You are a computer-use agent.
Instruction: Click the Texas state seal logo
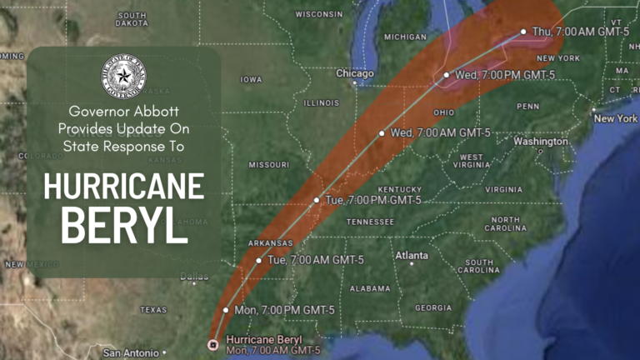coord(123,79)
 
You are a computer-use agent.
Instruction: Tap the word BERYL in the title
coord(124,225)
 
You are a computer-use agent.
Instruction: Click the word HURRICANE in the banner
coord(124,184)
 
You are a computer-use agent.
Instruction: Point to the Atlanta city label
coord(412,255)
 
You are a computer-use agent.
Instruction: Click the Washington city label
coord(541,142)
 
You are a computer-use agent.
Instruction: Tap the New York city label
coord(616,118)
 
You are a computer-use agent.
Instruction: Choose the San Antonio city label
coord(131,353)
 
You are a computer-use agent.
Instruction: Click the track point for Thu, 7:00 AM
coord(523,32)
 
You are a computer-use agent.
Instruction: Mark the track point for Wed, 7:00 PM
coord(447,75)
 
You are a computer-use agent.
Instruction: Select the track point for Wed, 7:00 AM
coord(382,132)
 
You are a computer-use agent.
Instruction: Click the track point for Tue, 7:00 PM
coord(317,200)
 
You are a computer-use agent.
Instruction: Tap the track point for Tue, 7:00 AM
coord(258,260)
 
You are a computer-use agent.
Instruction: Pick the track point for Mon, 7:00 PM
coord(226,309)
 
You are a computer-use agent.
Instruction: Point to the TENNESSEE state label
coord(370,222)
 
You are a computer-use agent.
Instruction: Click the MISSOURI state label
coord(268,164)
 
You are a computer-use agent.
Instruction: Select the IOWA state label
coord(251,79)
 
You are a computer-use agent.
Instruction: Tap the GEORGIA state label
coord(432,307)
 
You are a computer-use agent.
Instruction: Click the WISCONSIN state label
coord(319,14)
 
